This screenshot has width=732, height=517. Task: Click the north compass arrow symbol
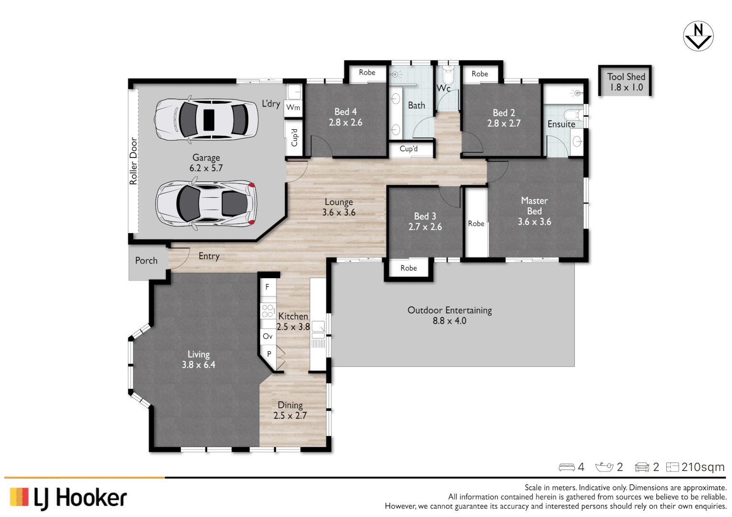pyautogui.click(x=698, y=36)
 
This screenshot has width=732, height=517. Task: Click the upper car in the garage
pyautogui.click(x=206, y=119)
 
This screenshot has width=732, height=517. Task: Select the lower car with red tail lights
pyautogui.click(x=206, y=203)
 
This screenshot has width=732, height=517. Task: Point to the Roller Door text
pyautogui.click(x=134, y=161)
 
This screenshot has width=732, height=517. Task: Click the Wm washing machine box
pyautogui.click(x=293, y=108)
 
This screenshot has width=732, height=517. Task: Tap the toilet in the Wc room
pyautogui.click(x=448, y=76)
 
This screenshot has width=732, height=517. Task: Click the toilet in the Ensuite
pyautogui.click(x=572, y=115)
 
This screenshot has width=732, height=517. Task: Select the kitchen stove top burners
pyautogui.click(x=268, y=311)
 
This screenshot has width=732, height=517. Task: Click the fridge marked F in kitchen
pyautogui.click(x=267, y=287)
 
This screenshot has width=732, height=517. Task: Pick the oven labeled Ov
pyautogui.click(x=267, y=337)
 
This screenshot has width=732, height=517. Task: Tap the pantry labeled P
pyautogui.click(x=269, y=354)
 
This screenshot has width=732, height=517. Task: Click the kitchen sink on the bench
pyautogui.click(x=318, y=327)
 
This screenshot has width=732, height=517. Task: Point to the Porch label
pyautogui.click(x=146, y=261)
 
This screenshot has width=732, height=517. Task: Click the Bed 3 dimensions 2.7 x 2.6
pyautogui.click(x=425, y=227)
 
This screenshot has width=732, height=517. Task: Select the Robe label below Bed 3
pyautogui.click(x=409, y=268)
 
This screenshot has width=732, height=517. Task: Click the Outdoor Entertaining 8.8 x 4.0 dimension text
pyautogui.click(x=449, y=321)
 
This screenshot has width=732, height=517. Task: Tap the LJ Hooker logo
pyautogui.click(x=68, y=498)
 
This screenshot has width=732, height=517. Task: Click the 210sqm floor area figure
pyautogui.click(x=703, y=467)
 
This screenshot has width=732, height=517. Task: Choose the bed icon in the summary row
pyautogui.click(x=567, y=467)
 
